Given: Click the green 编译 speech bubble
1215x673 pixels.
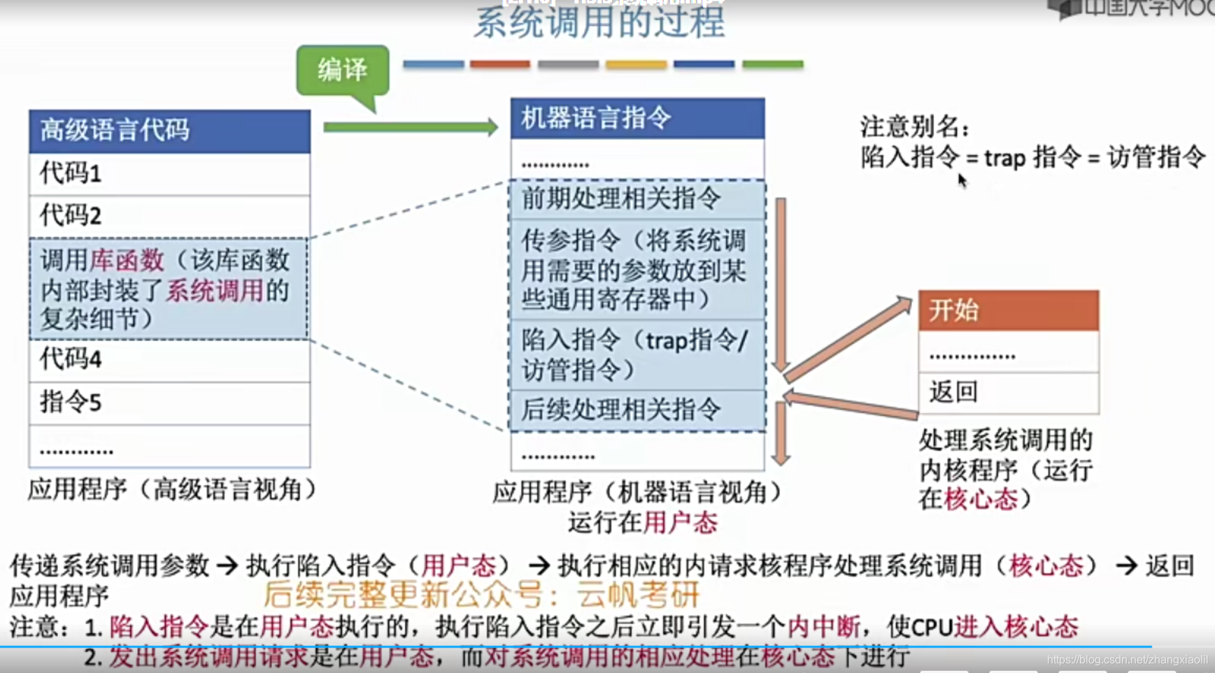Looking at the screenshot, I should click(x=342, y=70).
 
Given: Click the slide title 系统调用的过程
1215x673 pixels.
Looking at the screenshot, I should click(x=599, y=22).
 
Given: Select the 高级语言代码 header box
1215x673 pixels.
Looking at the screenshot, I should click(x=169, y=131).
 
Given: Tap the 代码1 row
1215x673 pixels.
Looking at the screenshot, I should click(x=169, y=173).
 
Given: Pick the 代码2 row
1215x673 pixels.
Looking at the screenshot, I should click(x=169, y=216).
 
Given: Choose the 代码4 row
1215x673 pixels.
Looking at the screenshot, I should click(x=169, y=360).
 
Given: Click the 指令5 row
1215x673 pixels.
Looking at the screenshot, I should click(x=169, y=403).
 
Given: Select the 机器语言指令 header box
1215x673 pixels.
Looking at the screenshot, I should click(x=637, y=118).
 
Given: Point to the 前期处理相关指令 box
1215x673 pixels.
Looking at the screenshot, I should click(x=637, y=199).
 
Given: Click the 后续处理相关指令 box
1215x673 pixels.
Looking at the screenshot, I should click(x=637, y=410).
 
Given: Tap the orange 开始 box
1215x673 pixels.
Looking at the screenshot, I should click(x=1008, y=310).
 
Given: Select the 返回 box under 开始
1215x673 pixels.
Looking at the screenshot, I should click(x=1008, y=392).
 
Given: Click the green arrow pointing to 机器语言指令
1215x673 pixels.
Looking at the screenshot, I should click(x=411, y=127).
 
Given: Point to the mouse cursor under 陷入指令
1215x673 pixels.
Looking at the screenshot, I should click(x=962, y=180).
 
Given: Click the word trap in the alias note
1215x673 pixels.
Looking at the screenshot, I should click(x=1004, y=159).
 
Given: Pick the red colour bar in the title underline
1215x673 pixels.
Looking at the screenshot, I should click(x=499, y=64).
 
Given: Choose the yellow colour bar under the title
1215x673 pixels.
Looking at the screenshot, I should click(x=636, y=64).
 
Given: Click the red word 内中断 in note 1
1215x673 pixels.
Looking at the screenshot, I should click(x=823, y=627).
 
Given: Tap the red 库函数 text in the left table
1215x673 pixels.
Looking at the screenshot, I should click(x=127, y=261).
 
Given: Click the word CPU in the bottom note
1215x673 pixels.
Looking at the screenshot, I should click(x=932, y=627).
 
